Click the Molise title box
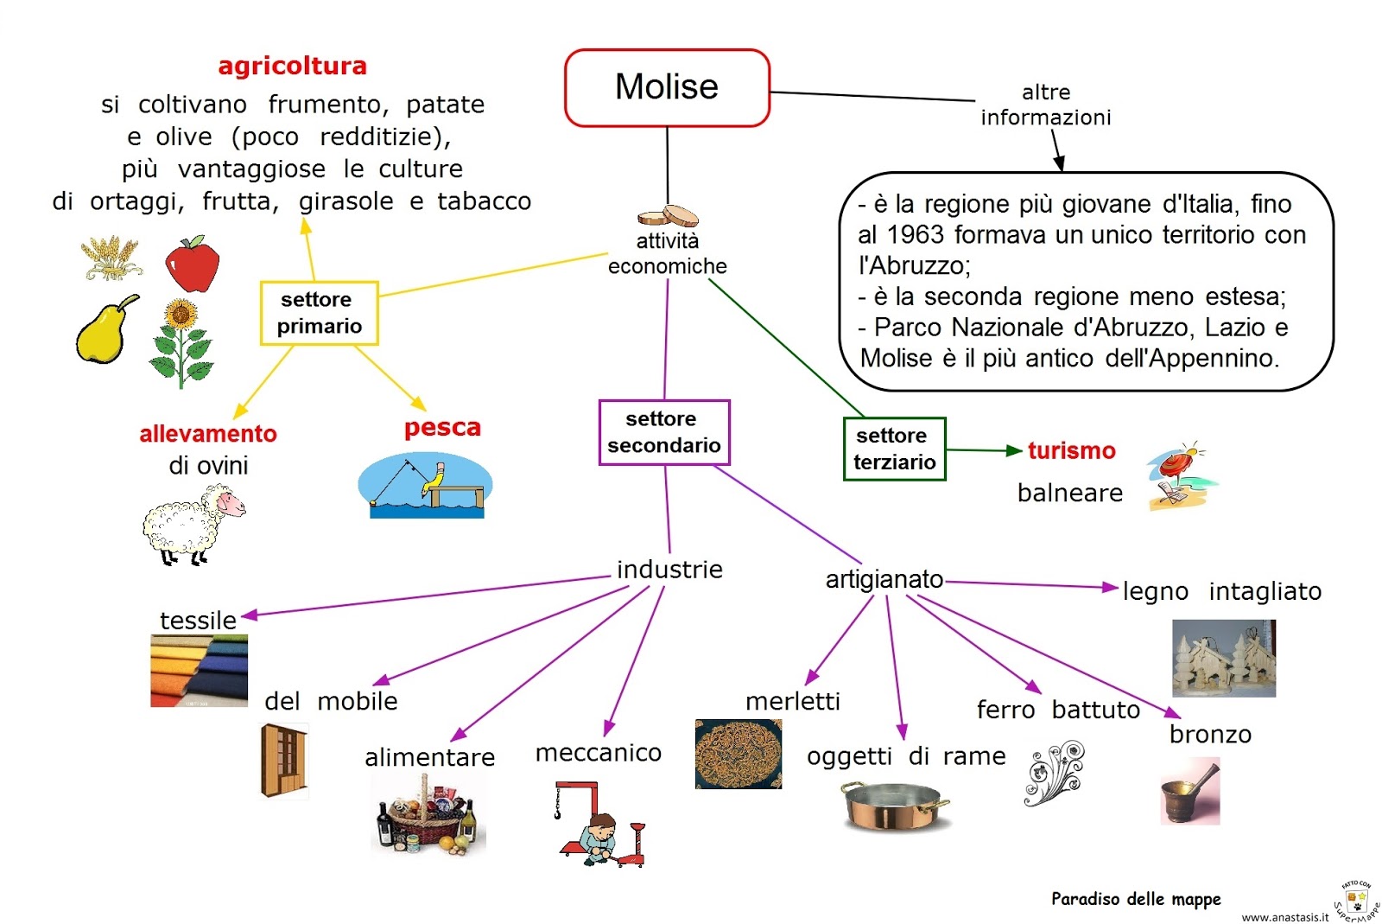(x=666, y=87)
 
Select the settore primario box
(x=319, y=313)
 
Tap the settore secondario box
(x=663, y=432)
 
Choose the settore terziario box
(x=894, y=449)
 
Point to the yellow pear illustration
(x=105, y=330)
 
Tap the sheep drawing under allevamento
(x=193, y=524)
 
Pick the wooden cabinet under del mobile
(x=282, y=761)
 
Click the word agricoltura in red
(x=292, y=66)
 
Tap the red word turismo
(x=1071, y=450)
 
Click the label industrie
(x=669, y=570)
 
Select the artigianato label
(x=884, y=579)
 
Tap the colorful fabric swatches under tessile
(x=199, y=671)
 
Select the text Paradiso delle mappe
(x=1135, y=899)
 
